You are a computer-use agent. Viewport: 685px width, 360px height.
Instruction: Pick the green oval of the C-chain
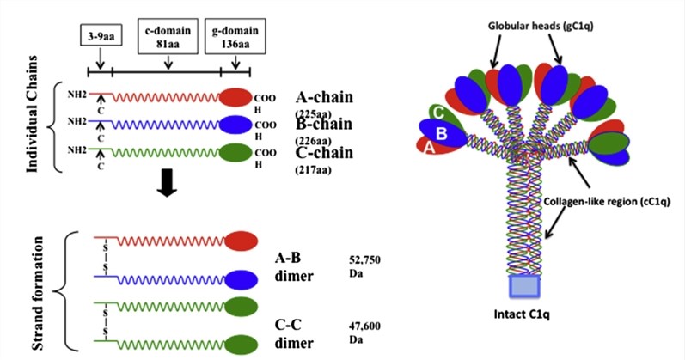pos(236,154)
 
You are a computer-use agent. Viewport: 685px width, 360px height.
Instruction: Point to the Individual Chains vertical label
pos(38,123)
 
